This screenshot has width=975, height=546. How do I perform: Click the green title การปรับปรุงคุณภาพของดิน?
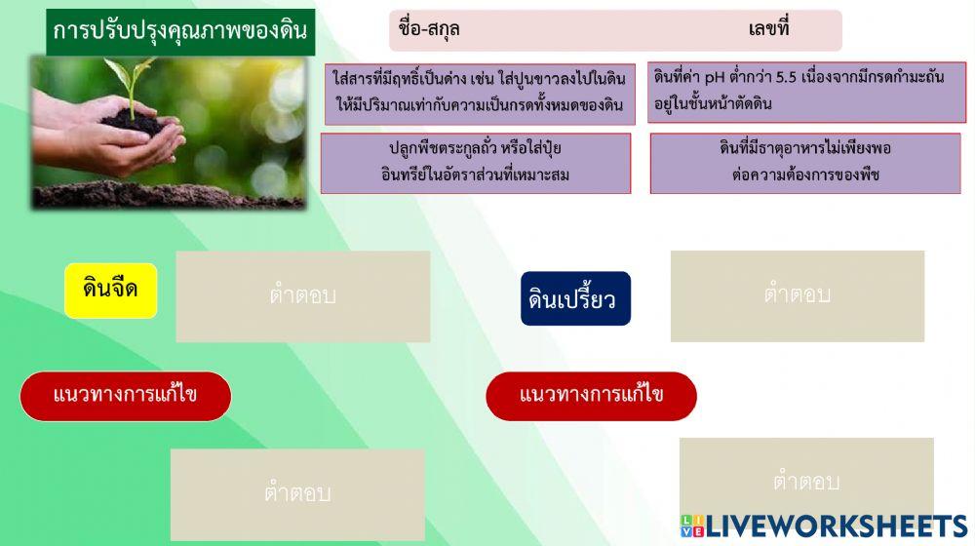(180, 31)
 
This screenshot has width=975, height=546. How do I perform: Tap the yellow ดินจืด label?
(110, 290)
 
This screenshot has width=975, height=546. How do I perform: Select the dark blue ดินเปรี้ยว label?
(574, 298)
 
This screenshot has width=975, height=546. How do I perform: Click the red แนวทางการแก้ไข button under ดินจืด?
(126, 396)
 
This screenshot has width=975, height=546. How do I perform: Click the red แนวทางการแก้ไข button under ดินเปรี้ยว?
(591, 396)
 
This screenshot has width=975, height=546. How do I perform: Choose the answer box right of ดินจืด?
(302, 296)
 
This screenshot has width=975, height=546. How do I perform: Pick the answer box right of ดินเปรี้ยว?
(797, 296)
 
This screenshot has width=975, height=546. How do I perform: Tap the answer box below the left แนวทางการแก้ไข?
(297, 494)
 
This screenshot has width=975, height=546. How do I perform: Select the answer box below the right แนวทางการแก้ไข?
(805, 483)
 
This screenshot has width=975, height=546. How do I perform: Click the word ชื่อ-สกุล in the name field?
(429, 29)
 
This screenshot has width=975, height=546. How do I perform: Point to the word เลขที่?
(768, 29)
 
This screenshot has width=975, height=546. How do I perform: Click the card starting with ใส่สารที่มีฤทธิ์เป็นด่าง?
(480, 94)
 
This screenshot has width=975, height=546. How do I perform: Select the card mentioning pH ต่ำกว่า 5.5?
(806, 93)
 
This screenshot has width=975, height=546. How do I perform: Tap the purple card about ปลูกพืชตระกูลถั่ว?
(475, 163)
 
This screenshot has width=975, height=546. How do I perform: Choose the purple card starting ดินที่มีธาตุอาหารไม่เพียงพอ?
(804, 163)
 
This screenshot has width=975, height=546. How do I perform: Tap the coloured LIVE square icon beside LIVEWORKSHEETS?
(691, 526)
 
